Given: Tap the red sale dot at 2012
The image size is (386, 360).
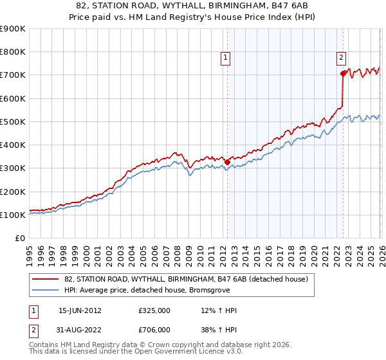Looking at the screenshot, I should click(x=227, y=163).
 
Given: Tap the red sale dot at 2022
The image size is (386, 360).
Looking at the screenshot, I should click(x=343, y=74).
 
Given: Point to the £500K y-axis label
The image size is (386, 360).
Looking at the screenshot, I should click(x=13, y=122).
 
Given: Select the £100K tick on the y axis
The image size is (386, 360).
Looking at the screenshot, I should click(x=13, y=215).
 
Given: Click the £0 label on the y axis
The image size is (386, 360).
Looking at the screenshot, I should click(x=19, y=238).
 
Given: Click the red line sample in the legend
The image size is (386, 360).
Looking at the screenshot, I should click(x=46, y=279).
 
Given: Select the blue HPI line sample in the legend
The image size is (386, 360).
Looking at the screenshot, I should click(x=46, y=290).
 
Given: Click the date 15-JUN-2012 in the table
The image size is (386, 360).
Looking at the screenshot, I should click(x=80, y=310).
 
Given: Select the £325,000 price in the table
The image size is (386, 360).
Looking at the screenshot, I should click(x=154, y=310).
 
